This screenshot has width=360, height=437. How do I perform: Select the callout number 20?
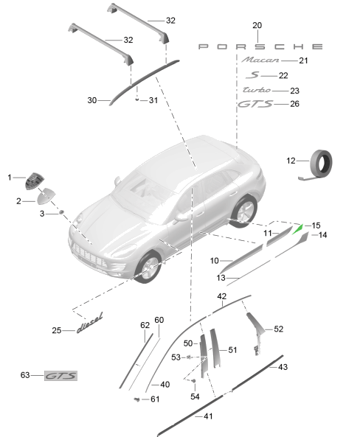(x=257, y=26)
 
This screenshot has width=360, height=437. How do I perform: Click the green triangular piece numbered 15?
(x=299, y=228)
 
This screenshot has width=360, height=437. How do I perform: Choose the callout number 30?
(x=92, y=99)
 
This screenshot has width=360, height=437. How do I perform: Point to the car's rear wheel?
(x=243, y=211)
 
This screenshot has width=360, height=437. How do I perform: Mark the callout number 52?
(x=278, y=329)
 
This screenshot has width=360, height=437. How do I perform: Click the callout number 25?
(x=57, y=329)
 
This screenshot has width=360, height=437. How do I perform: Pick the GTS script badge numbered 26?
(x=255, y=105)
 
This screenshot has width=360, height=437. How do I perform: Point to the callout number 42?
(x=221, y=296)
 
